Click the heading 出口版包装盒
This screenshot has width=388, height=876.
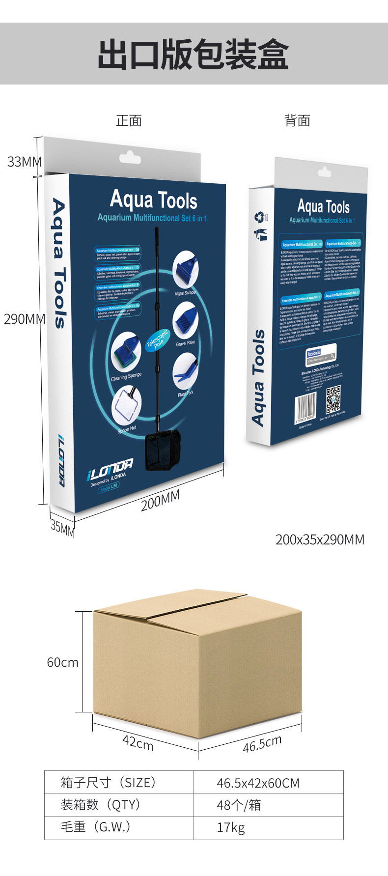[x=194, y=55]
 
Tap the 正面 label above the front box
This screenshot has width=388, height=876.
[x=129, y=120]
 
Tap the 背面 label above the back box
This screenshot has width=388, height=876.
[x=297, y=120]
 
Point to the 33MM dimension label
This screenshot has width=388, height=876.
[x=24, y=162]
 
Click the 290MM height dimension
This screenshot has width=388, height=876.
[x=24, y=319]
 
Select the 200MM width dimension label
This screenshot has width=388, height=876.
[x=160, y=501]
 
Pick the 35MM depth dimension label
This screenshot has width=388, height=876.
[x=62, y=527]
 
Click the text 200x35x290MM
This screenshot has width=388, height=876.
[x=320, y=539]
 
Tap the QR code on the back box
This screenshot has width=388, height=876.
[x=333, y=399]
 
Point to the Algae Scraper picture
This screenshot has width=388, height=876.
[x=185, y=270]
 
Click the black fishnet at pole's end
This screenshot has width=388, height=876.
[x=163, y=449]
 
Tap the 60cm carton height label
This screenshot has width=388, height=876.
[x=62, y=662]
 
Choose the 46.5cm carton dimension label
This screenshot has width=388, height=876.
[x=262, y=743]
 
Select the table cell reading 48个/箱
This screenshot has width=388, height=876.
[x=239, y=805]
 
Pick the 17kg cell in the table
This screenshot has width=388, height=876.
[x=231, y=827]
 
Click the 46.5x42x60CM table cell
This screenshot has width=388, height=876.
[x=258, y=783]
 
